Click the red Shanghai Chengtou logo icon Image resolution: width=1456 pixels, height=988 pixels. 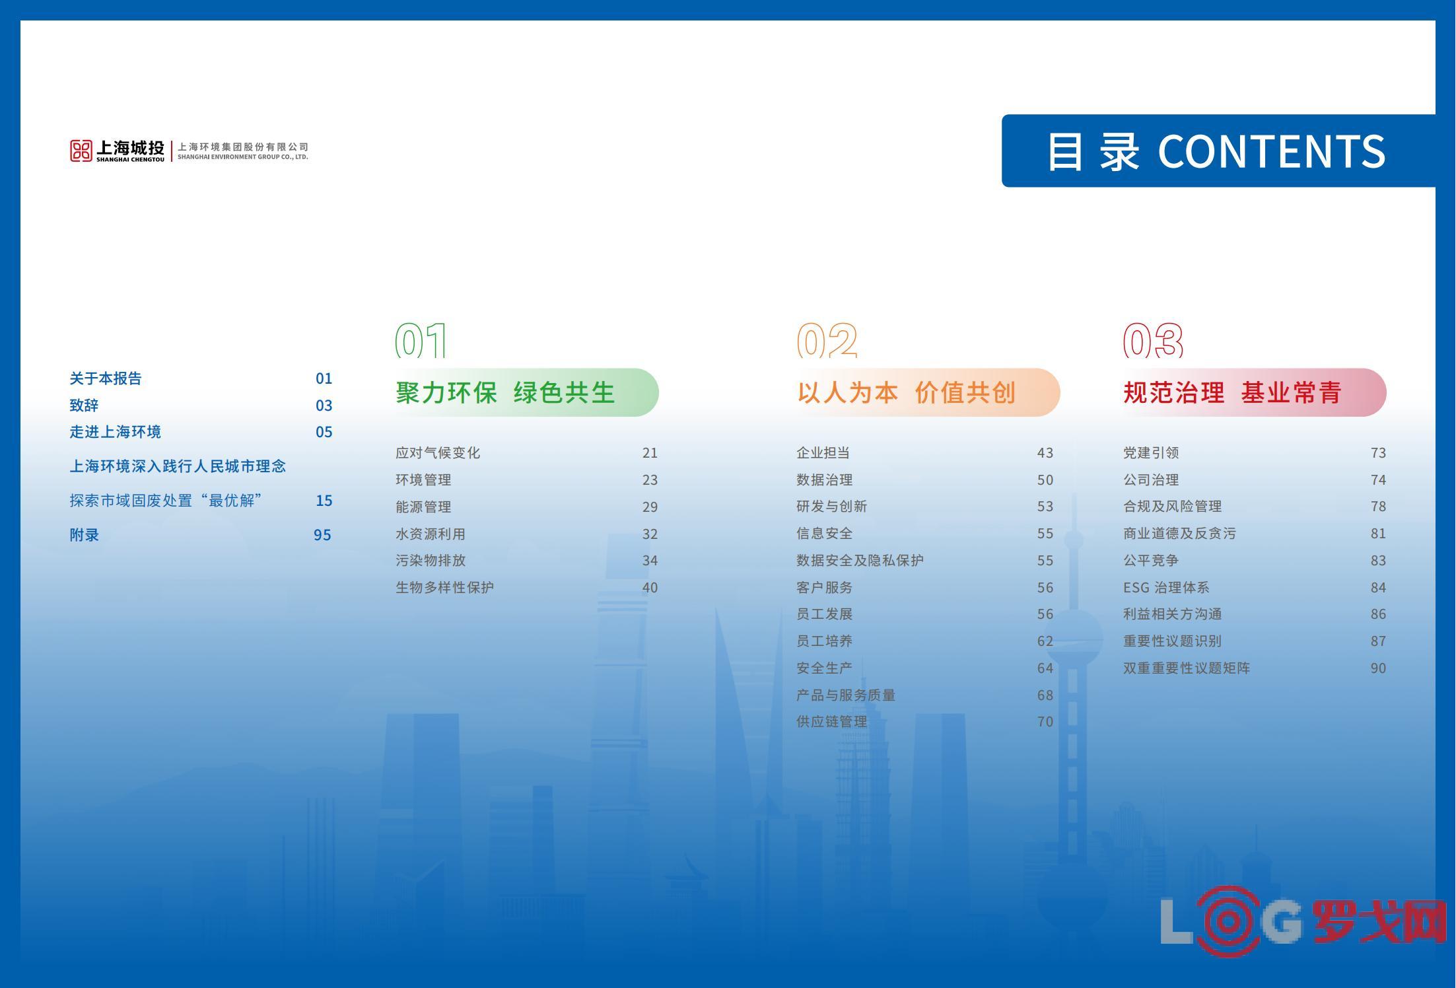point(81,151)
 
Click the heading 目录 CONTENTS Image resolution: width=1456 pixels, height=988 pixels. point(1216,151)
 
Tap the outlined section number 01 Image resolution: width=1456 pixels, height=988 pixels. point(421,340)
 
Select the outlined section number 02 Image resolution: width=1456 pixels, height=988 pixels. point(827,340)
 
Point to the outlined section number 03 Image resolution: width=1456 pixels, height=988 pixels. point(1153,340)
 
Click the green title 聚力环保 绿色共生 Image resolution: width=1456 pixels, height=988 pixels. point(505,392)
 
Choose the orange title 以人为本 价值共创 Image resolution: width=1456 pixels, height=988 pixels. point(906,392)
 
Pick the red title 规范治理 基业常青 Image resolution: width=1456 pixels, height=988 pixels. point(1232,392)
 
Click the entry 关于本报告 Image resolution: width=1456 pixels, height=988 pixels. point(106,378)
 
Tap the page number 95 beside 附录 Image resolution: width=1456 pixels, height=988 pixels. point(322,535)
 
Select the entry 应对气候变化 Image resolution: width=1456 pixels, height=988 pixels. point(438,453)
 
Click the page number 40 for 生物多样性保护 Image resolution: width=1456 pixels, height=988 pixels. point(650,588)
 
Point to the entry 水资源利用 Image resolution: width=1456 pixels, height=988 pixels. point(431,534)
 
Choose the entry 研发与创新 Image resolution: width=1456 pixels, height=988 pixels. point(831,507)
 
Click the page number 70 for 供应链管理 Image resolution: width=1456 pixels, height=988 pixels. point(1045,722)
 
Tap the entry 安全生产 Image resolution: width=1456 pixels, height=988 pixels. point(824,668)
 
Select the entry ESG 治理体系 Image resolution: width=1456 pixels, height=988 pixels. point(1166,588)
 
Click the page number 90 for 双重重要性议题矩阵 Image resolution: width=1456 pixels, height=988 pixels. point(1378,668)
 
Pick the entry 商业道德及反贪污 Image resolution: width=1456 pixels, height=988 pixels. point(1179,534)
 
